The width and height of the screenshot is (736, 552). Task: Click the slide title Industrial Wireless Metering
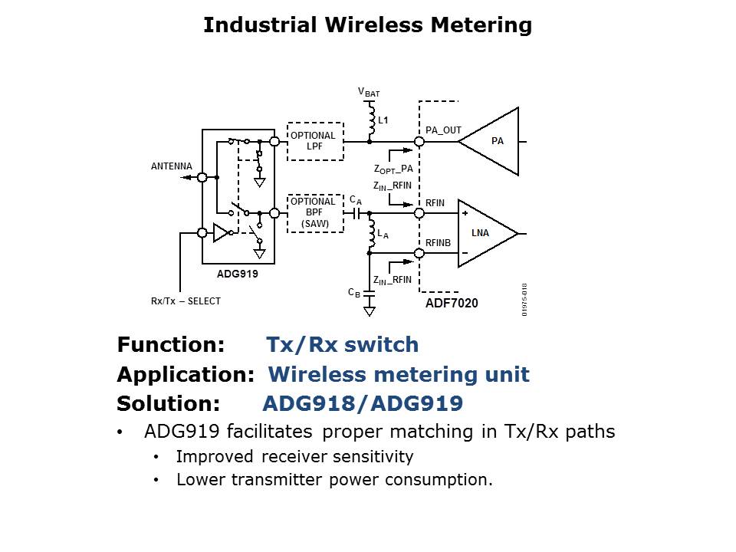[x=367, y=25]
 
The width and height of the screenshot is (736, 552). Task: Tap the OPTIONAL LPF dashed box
[x=314, y=141]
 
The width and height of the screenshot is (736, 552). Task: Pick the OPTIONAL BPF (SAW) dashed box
[x=314, y=212]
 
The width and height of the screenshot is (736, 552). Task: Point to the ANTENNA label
[x=172, y=166]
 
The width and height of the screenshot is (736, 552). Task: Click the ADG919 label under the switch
[x=238, y=272]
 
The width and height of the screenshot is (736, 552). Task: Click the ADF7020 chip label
[x=452, y=304]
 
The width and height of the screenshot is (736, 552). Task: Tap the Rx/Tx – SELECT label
[x=186, y=301]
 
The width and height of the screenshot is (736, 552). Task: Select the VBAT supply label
[x=369, y=93]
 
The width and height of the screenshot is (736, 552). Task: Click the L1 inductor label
[x=383, y=120]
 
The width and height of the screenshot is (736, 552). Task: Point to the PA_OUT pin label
[x=443, y=130]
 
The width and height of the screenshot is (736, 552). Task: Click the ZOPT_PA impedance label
[x=393, y=169]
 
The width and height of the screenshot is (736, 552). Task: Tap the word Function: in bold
[x=170, y=345]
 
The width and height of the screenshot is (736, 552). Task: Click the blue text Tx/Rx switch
[x=342, y=345]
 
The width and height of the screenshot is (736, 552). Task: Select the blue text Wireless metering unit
[x=399, y=375]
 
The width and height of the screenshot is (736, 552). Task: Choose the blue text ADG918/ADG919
[x=363, y=404]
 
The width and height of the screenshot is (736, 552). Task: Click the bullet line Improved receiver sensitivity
[x=294, y=457]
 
